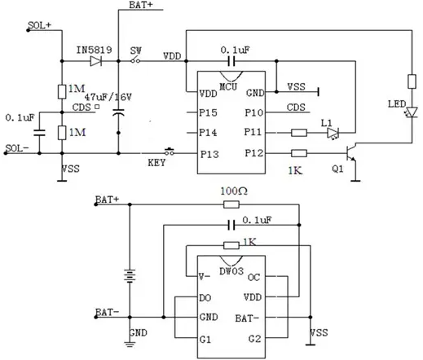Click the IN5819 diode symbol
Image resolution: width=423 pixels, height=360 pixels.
[95, 61]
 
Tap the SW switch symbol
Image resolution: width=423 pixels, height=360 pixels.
[135, 60]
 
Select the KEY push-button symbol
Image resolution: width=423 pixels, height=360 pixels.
[170, 151]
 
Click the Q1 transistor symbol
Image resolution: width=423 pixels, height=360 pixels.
[351, 153]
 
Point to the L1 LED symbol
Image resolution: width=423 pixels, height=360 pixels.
[333, 134]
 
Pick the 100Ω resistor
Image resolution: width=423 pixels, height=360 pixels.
[231, 204]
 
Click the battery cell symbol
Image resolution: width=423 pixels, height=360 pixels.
[130, 276]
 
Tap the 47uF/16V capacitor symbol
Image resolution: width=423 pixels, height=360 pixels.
[118, 112]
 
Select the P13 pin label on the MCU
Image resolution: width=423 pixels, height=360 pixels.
[209, 154]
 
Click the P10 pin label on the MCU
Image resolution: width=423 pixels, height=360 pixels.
[254, 112]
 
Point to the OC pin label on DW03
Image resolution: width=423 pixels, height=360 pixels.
[253, 277]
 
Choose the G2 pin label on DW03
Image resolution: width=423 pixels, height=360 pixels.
[254, 339]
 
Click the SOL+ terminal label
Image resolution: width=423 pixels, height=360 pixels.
[40, 25]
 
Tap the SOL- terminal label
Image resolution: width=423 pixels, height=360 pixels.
[17, 148]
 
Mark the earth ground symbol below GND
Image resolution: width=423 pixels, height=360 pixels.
[130, 345]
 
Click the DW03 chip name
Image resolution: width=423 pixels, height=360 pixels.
[231, 271]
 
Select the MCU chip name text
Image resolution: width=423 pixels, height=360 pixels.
[228, 86]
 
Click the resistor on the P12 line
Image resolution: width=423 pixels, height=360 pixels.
[299, 153]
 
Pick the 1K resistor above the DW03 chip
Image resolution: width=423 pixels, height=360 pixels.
[231, 245]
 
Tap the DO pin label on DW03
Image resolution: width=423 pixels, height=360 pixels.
[205, 298]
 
